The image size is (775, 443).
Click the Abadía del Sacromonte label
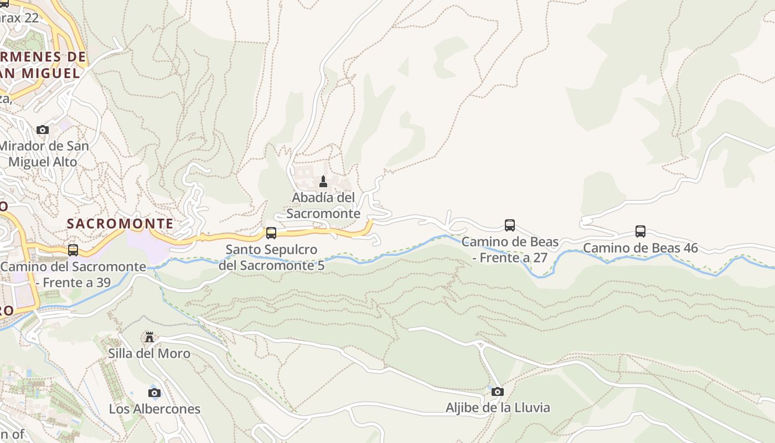(x=323, y=205)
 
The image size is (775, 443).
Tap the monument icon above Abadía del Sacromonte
(x=323, y=181)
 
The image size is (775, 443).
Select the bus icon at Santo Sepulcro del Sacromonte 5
(x=271, y=233)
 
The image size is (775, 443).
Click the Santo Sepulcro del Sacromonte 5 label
(x=271, y=257)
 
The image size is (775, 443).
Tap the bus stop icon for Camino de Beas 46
(x=640, y=231)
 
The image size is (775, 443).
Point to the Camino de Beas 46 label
(x=640, y=248)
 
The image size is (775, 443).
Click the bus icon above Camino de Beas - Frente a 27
(x=510, y=225)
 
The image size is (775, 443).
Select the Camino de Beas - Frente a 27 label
(x=510, y=250)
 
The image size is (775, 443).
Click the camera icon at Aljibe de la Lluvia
(x=498, y=392)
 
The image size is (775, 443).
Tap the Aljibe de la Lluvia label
(x=498, y=408)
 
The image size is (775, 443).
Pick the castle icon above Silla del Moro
(x=149, y=337)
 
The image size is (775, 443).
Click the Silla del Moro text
(x=149, y=353)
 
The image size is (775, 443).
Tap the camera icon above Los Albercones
(x=154, y=393)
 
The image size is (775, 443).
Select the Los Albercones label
(x=154, y=409)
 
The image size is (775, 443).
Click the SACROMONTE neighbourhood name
(x=120, y=224)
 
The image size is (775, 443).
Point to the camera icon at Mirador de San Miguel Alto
(x=43, y=130)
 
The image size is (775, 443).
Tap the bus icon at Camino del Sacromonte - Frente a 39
(x=73, y=250)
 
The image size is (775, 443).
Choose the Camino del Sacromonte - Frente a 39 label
(x=73, y=274)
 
